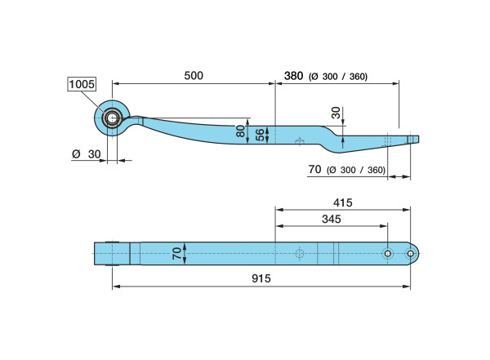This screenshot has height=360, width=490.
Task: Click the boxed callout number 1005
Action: pos(82,84)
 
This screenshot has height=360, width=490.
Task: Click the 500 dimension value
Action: pos(194,76)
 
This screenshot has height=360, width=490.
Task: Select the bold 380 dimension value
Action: pos(293,76)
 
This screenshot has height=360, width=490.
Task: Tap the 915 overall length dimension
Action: pos(261,278)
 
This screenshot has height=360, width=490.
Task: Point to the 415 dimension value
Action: pos(342,202)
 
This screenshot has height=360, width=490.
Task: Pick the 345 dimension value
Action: pos(332,219)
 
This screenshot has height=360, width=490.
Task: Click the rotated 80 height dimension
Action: pos(241,131)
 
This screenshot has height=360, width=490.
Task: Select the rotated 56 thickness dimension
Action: pos(260,135)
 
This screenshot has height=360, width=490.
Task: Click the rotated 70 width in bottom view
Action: pos(177,253)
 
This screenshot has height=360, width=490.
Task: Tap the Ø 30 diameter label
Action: pos(87,154)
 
